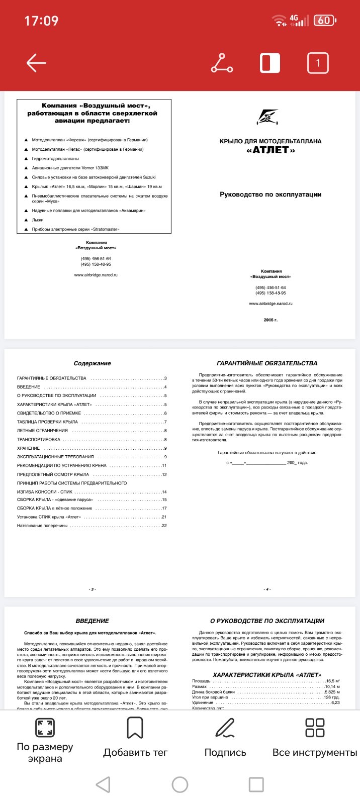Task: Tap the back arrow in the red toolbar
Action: click(x=36, y=63)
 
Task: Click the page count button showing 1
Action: click(x=317, y=63)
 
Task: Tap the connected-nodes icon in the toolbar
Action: click(x=222, y=63)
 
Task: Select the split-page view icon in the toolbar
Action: click(x=270, y=63)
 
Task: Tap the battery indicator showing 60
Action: click(x=325, y=21)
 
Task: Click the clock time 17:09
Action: click(x=41, y=21)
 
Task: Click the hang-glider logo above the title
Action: click(x=268, y=117)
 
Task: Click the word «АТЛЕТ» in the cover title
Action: click(x=271, y=150)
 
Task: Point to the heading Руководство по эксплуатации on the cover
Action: click(x=271, y=194)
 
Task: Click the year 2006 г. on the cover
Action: click(x=271, y=320)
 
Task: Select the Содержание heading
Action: click(x=92, y=363)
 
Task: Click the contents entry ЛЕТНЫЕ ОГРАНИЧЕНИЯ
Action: click(x=42, y=431)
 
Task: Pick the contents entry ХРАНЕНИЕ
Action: click(x=29, y=448)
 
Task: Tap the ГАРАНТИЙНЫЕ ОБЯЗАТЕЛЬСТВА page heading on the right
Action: click(x=267, y=363)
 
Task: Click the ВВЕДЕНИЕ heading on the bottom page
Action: click(x=92, y=621)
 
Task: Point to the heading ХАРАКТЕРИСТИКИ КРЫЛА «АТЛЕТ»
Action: click(x=267, y=675)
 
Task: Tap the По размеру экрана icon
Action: click(x=45, y=727)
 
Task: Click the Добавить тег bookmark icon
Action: click(x=135, y=727)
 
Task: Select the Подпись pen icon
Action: click(x=225, y=727)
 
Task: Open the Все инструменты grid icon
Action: click(x=315, y=727)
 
